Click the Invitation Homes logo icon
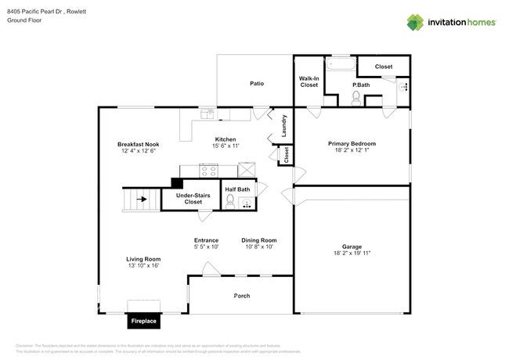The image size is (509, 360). [x=415, y=22]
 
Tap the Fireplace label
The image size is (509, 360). [x=143, y=321]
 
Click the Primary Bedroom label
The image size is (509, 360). [x=352, y=144]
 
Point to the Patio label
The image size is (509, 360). [x=256, y=82]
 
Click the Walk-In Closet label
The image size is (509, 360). [x=309, y=81]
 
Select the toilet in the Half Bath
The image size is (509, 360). [x=230, y=202]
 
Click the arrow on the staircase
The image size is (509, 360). [x=142, y=200]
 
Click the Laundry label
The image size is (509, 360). [x=283, y=126]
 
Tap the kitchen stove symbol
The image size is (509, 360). [x=209, y=170]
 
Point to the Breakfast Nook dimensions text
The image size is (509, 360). [x=139, y=151]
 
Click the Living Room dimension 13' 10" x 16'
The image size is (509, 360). [x=143, y=265]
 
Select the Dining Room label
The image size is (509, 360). [x=258, y=240]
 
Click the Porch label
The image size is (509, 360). [x=241, y=296]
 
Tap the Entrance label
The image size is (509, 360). [x=206, y=240]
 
